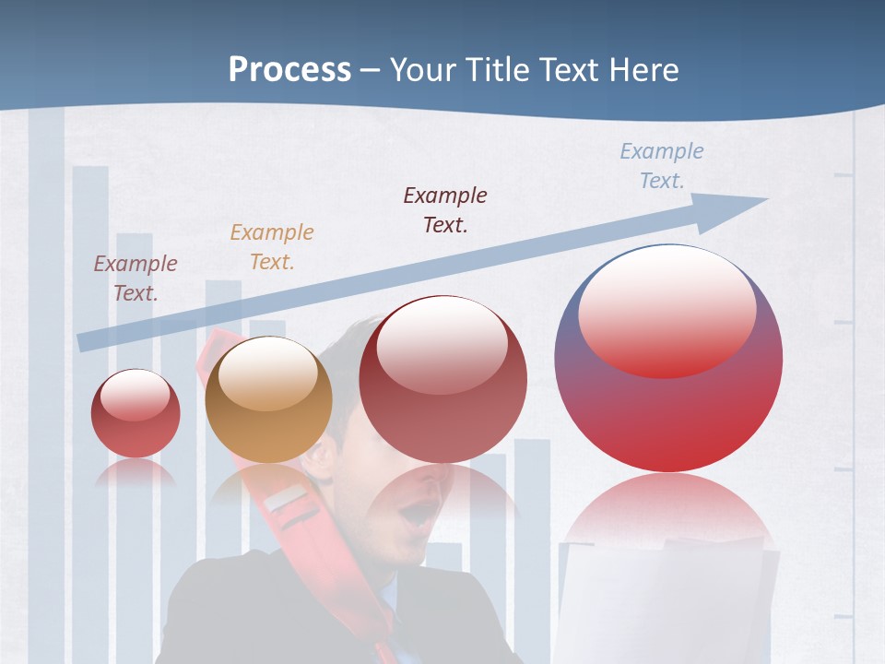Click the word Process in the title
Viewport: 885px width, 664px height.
(289, 70)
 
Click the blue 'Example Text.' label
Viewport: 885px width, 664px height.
(661, 166)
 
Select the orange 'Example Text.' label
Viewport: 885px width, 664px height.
(271, 247)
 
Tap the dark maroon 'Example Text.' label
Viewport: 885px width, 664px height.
(444, 210)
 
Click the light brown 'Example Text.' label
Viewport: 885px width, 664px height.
(135, 279)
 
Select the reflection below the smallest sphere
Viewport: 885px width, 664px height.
(136, 473)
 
